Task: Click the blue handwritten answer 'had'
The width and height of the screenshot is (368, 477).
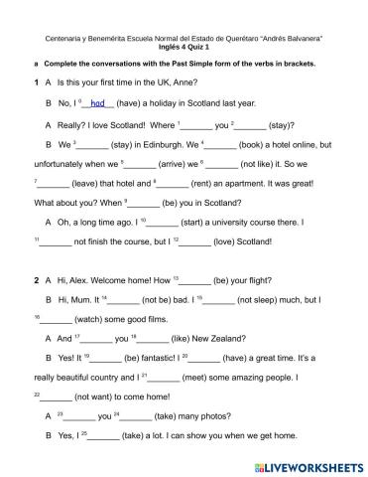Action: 97,102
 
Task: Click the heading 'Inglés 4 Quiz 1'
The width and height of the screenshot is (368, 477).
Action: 184,48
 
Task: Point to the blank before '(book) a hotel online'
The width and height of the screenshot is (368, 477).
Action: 224,145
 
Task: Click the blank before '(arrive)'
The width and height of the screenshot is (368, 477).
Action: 141,166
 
